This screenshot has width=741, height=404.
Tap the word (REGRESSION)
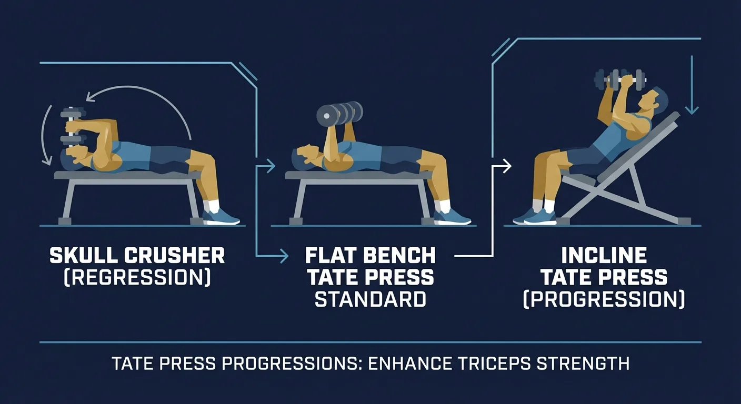point(137,277)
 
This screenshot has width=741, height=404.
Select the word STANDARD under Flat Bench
point(370,299)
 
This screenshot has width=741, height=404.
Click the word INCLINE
point(604,256)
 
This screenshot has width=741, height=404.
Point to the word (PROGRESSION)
point(604,299)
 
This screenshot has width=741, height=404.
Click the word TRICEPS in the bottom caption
point(504,363)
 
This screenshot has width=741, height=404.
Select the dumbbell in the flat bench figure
point(340,113)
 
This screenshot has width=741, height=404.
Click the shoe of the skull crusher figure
point(221,217)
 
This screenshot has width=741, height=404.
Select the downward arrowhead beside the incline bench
point(692,110)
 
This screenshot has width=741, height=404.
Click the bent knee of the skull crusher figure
point(207,158)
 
